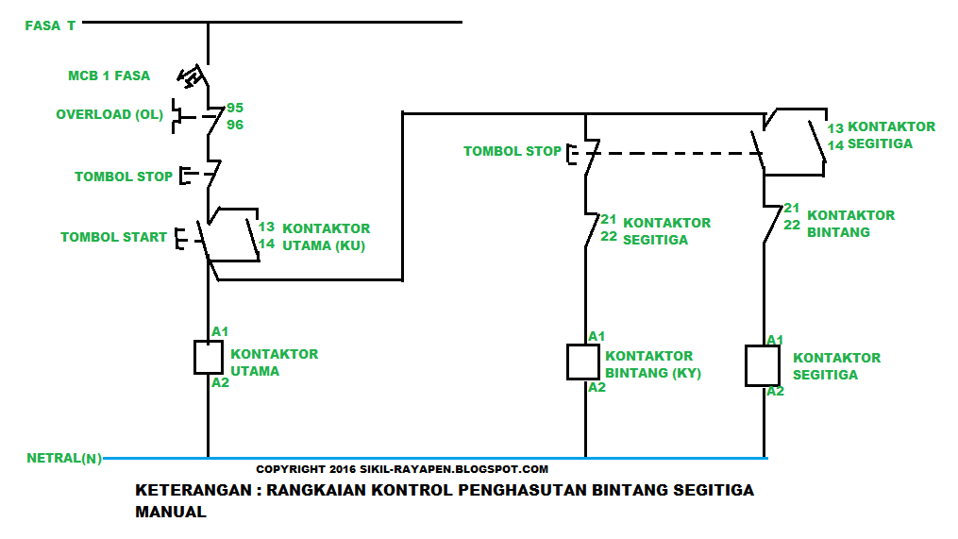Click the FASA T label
tap(51, 25)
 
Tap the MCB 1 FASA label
tap(109, 76)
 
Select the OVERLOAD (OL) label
tap(109, 114)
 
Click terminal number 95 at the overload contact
tap(235, 108)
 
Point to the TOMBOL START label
tap(113, 237)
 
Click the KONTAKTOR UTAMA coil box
tap(208, 357)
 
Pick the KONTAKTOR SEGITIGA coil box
tap(762, 365)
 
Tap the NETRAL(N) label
tap(64, 459)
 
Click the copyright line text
tap(402, 468)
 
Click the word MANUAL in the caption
tap(171, 513)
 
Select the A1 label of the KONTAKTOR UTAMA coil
tap(220, 331)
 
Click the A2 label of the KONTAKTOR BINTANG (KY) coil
tap(597, 387)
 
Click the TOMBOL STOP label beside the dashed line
tap(513, 151)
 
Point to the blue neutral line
tap(434, 459)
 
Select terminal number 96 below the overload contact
tap(235, 124)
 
